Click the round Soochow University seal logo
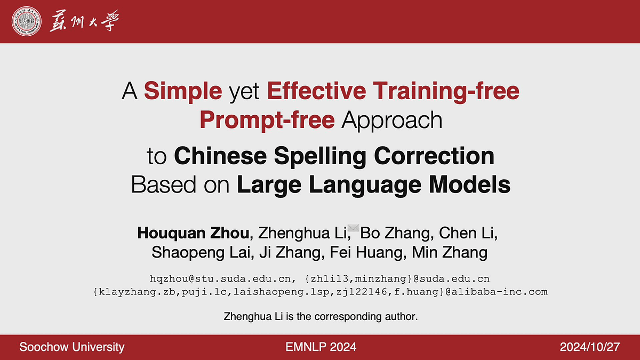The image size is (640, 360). point(26,21)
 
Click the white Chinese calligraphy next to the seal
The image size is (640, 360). point(84,21)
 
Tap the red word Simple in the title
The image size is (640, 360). point(183,91)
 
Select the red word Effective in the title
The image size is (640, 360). point(317,91)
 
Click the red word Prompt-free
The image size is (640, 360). point(267,120)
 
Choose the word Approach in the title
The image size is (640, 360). point(392,121)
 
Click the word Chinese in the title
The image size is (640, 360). point(220,156)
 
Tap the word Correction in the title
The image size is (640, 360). point(434,156)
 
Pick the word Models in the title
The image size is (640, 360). point(470,185)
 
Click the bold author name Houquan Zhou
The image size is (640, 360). point(194,233)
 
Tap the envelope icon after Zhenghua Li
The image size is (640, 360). point(354,228)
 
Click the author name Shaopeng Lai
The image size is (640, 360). point(201,253)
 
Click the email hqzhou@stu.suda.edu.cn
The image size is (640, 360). point(220,278)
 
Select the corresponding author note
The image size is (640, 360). point(321,317)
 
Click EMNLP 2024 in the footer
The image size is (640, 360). point(321,347)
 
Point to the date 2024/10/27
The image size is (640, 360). point(590,347)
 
